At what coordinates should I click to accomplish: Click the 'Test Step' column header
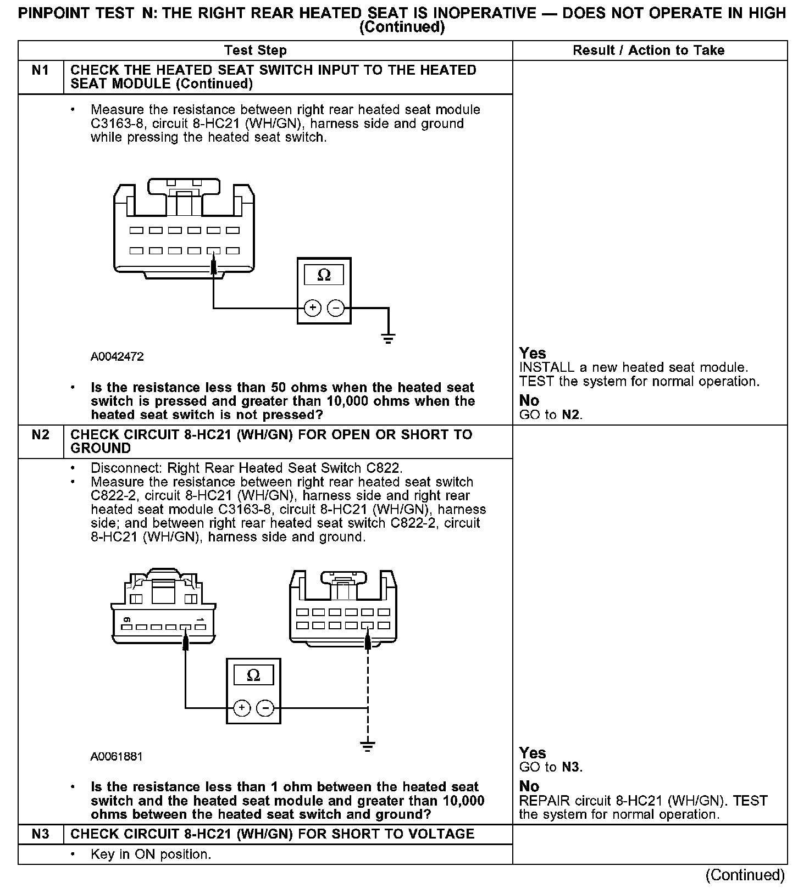256,51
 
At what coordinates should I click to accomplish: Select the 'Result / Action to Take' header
649,51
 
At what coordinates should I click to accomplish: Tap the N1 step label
41,70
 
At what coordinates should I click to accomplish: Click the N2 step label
41,435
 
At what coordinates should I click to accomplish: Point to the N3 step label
41,834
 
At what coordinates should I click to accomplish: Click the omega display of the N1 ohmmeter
324,275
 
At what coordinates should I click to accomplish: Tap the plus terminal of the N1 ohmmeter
313,308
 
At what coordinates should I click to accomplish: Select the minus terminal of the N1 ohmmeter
335,308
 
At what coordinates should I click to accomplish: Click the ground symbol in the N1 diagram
389,338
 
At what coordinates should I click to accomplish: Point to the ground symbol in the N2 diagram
368,746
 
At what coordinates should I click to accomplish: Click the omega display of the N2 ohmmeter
253,675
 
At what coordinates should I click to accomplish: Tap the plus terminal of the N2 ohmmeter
242,708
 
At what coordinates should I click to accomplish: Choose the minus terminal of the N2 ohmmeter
265,708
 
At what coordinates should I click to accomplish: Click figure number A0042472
117,357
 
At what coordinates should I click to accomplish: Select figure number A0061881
117,757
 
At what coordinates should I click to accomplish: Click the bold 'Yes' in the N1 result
533,353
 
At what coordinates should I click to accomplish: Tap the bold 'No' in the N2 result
529,786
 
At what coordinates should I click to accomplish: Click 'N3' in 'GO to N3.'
571,767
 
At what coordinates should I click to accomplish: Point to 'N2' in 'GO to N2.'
571,415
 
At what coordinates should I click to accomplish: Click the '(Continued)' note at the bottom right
745,875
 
